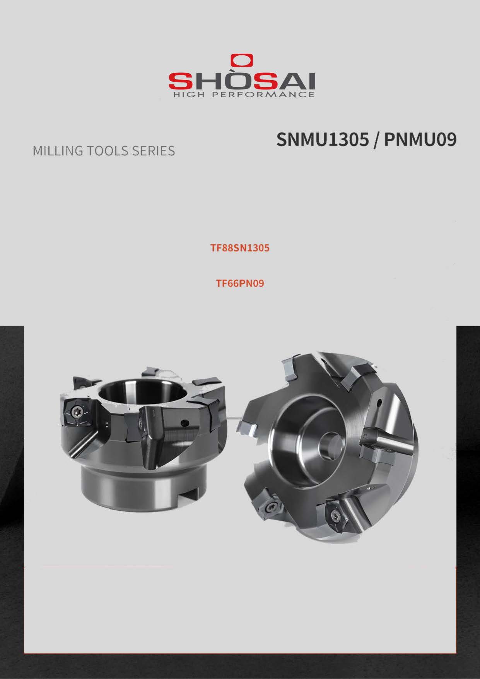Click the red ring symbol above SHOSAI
(x=242, y=61)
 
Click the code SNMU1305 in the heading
(x=323, y=140)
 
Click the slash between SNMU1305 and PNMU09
(x=376, y=140)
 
